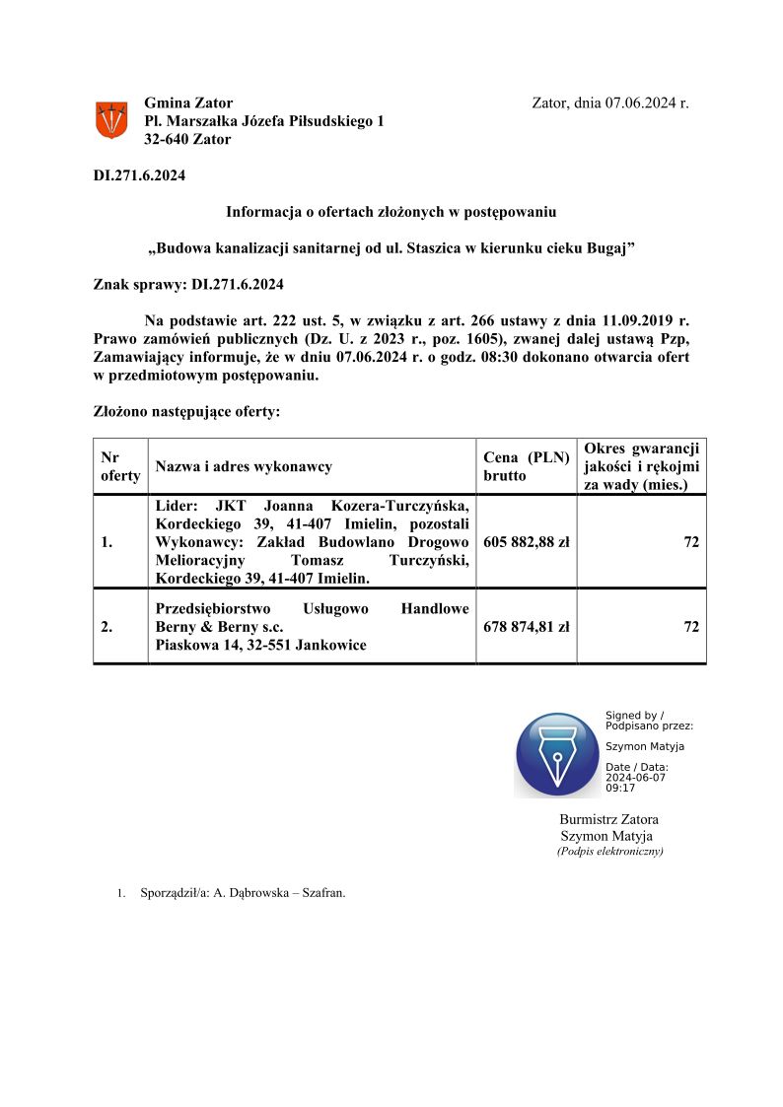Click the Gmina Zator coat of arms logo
(x=110, y=120)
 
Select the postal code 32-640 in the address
(x=167, y=139)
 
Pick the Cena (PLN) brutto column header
(x=527, y=466)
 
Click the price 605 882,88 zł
(x=527, y=541)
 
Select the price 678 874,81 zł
(x=527, y=626)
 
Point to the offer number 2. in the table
(x=107, y=626)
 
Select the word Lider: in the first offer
(x=178, y=505)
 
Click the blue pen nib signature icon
(x=556, y=754)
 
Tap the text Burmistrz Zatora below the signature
(x=608, y=819)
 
